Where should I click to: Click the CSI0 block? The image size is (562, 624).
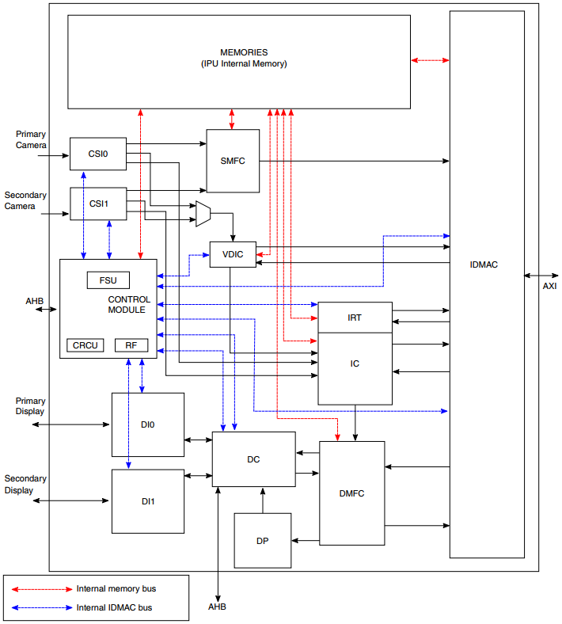(97, 154)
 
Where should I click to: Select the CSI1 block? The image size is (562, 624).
(98, 204)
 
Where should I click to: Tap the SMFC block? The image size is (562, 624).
(233, 161)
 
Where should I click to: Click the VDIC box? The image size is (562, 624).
(233, 254)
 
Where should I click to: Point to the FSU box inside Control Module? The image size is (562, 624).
(108, 280)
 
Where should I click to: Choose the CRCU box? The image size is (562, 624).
(85, 345)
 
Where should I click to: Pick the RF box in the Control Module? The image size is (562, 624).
(131, 345)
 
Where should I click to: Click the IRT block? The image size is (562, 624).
(355, 318)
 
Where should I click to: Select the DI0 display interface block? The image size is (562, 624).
(147, 425)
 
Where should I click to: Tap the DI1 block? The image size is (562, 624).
(147, 501)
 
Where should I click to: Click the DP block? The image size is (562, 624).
(262, 541)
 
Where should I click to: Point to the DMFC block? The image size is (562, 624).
(351, 493)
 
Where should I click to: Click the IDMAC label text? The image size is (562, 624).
(484, 264)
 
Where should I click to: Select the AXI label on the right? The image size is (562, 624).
(549, 286)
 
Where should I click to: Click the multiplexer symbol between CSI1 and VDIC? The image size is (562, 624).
(203, 214)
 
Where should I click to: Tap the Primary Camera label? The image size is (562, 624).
(31, 139)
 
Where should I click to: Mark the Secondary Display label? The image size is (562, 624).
(25, 485)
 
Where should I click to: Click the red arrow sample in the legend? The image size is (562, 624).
(40, 589)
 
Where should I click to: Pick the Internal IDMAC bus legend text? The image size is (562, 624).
(114, 607)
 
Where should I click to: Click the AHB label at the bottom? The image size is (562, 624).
(218, 607)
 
